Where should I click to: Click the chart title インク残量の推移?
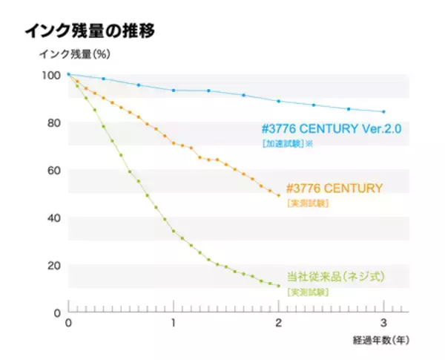[90, 31]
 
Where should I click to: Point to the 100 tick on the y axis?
[51, 75]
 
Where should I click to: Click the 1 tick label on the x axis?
[174, 323]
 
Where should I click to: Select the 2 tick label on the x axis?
[279, 323]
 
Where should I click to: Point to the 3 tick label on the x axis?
[383, 323]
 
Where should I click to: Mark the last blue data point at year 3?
[383, 112]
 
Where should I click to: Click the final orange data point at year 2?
[278, 195]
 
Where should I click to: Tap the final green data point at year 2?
[278, 286]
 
